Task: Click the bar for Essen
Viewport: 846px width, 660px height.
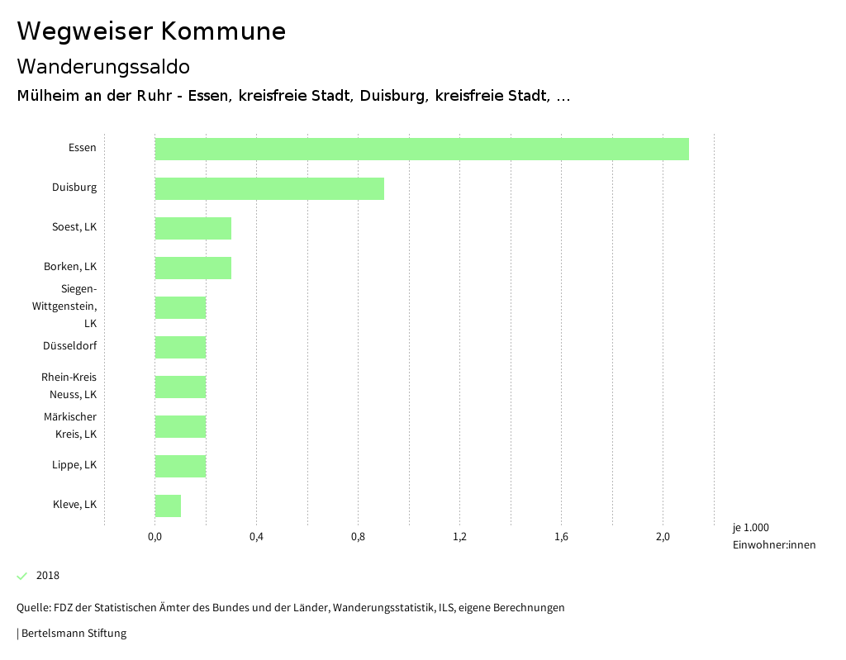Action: pyautogui.click(x=421, y=149)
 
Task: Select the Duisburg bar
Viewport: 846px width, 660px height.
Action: pyautogui.click(x=269, y=188)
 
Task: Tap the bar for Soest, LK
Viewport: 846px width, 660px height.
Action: pyautogui.click(x=193, y=228)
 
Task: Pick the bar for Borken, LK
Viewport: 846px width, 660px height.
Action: pyautogui.click(x=193, y=268)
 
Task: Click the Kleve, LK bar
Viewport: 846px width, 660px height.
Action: pyautogui.click(x=168, y=506)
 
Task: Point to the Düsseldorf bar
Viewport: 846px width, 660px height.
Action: pyautogui.click(x=180, y=347)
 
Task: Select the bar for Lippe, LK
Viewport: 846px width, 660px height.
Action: pyautogui.click(x=180, y=466)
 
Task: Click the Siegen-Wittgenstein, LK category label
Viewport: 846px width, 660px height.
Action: pyautogui.click(x=65, y=306)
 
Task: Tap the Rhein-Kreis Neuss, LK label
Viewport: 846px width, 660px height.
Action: pyautogui.click(x=69, y=386)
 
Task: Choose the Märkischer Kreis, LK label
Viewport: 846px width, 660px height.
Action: pyautogui.click(x=70, y=425)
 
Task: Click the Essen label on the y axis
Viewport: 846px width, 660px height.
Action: pyautogui.click(x=83, y=148)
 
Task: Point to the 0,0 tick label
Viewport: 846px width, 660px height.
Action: pyautogui.click(x=154, y=538)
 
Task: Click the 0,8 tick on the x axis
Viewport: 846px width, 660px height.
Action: pyautogui.click(x=358, y=538)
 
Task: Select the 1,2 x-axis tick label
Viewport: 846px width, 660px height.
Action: pyautogui.click(x=460, y=538)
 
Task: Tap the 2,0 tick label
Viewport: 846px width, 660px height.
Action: pyautogui.click(x=663, y=538)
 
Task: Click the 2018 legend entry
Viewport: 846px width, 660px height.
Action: pyautogui.click(x=47, y=576)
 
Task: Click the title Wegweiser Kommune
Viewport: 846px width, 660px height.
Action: pyautogui.click(x=151, y=31)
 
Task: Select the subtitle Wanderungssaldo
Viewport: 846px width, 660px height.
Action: pyautogui.click(x=103, y=66)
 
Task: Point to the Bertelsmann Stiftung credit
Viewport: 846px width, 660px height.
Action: pyautogui.click(x=73, y=634)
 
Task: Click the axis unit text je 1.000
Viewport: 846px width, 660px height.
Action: pyautogui.click(x=750, y=528)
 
